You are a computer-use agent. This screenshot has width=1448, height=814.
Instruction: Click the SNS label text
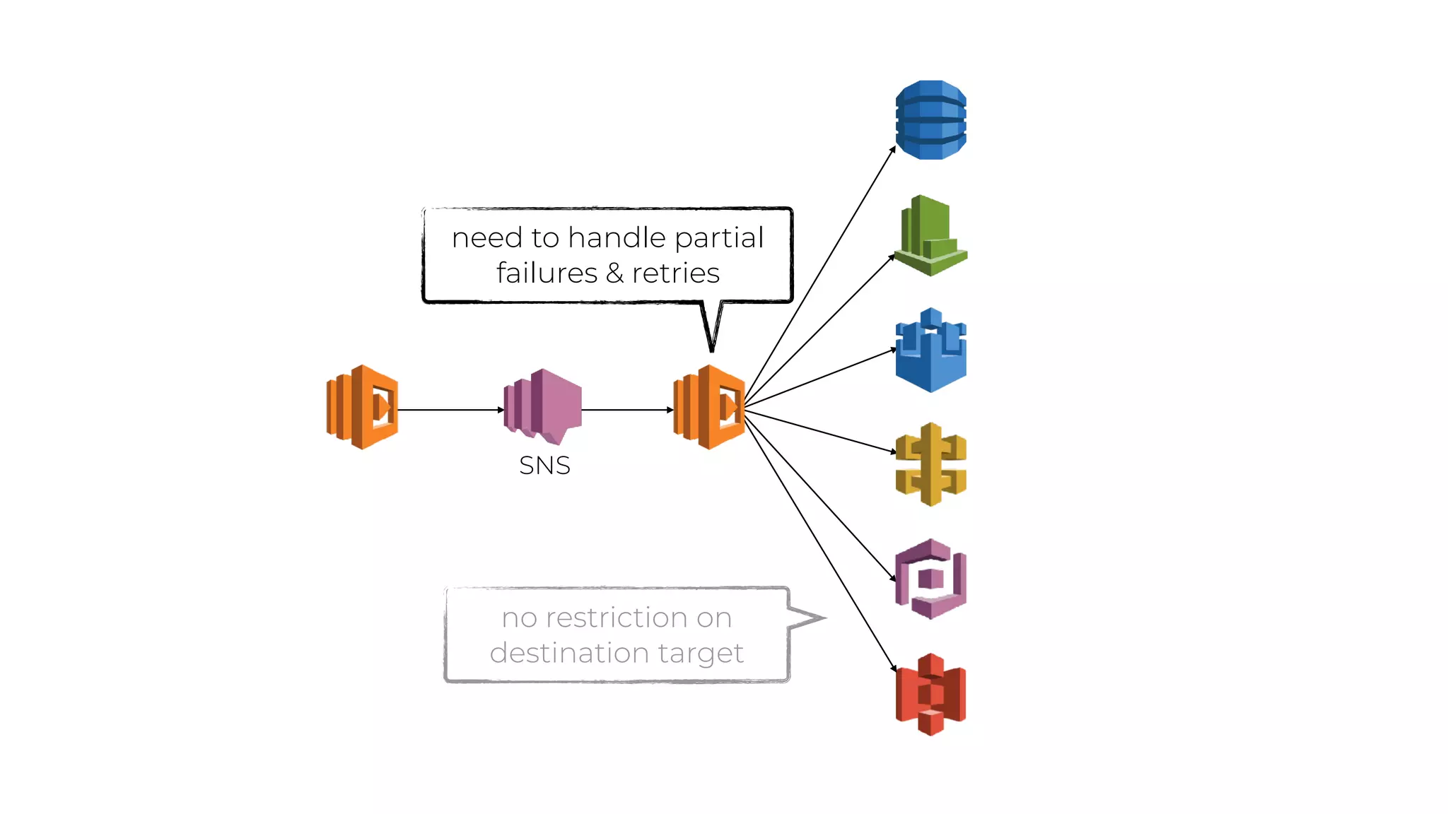(x=544, y=466)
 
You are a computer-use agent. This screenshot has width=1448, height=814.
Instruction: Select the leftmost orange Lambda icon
(x=362, y=407)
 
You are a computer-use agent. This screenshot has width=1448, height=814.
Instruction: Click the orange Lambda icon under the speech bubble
(x=709, y=407)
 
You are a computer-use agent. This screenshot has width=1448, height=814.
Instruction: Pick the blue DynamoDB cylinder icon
(x=930, y=120)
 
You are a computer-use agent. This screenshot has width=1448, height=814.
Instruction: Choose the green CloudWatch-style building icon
(x=930, y=235)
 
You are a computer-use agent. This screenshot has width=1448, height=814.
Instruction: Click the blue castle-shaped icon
(x=930, y=350)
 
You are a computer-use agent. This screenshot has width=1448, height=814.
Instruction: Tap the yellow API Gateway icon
(x=930, y=464)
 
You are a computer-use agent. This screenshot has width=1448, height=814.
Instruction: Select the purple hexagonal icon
(x=930, y=579)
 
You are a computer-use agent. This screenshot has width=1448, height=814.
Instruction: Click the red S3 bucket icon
(x=930, y=694)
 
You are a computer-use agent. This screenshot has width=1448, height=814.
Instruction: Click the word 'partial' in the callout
(x=719, y=238)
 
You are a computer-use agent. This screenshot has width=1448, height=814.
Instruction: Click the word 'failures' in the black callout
(x=547, y=273)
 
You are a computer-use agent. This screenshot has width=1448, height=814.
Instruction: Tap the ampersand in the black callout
(x=614, y=273)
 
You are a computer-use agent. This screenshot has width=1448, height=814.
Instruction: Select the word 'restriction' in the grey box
(x=617, y=618)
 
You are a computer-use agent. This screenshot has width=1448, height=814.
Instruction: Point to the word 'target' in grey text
(x=701, y=654)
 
